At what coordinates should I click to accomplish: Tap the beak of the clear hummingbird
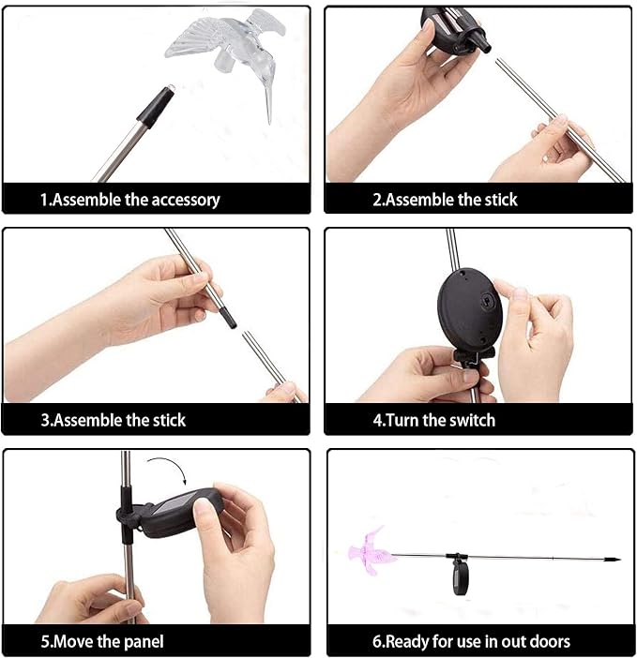tap(268, 105)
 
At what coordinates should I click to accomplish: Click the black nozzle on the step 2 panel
tap(482, 42)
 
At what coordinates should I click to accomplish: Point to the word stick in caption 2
tap(501, 200)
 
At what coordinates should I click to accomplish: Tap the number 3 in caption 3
tap(45, 421)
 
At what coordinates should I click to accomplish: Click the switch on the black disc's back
tap(487, 300)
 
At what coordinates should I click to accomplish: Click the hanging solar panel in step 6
tap(461, 578)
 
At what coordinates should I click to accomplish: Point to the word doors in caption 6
tap(550, 641)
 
